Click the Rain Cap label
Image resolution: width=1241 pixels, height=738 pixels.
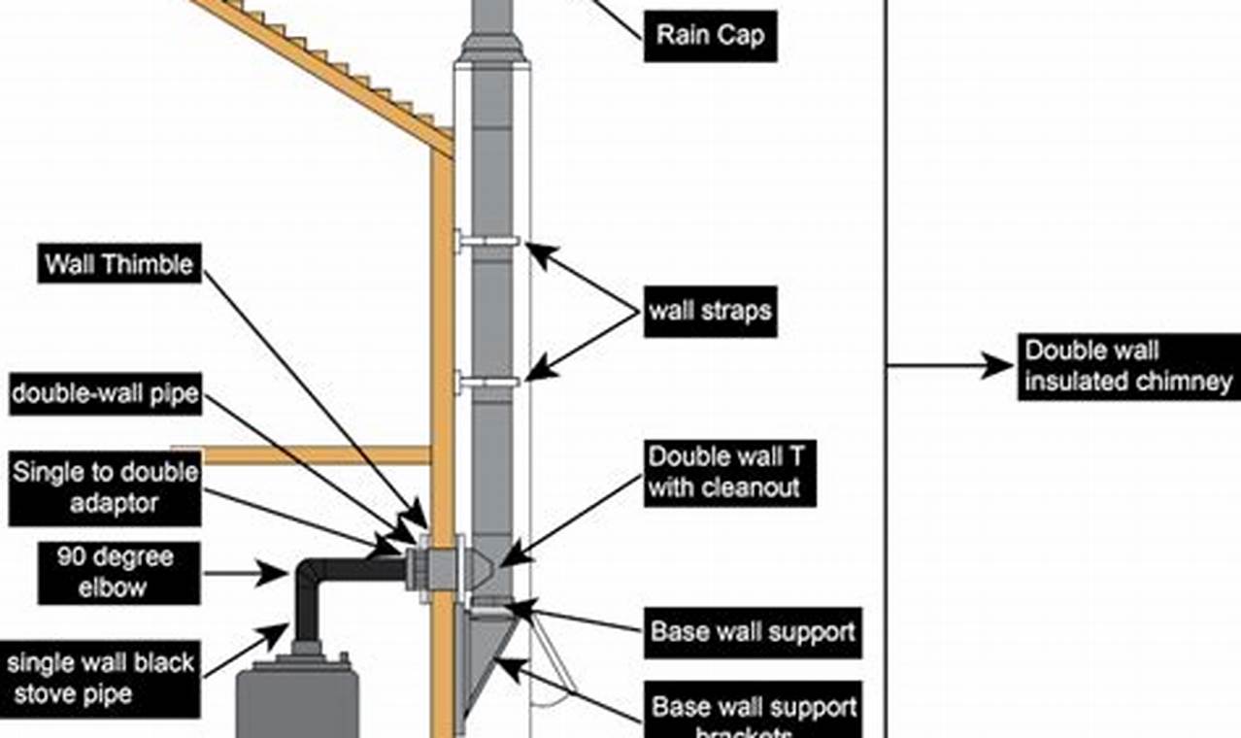click(710, 36)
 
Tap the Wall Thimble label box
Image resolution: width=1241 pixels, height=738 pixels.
click(119, 263)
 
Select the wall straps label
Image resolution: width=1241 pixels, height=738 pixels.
click(710, 311)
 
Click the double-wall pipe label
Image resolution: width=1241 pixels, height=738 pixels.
click(104, 394)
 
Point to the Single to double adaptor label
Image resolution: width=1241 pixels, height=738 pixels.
click(105, 488)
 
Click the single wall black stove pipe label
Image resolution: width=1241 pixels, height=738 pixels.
click(101, 679)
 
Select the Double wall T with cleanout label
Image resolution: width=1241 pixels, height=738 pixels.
click(729, 471)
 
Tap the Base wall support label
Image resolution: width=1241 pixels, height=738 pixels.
click(753, 632)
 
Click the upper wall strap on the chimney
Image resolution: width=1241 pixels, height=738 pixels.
click(490, 241)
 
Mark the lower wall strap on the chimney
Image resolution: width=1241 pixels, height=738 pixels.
click(490, 382)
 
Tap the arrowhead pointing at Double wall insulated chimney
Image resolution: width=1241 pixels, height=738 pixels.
click(1000, 366)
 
